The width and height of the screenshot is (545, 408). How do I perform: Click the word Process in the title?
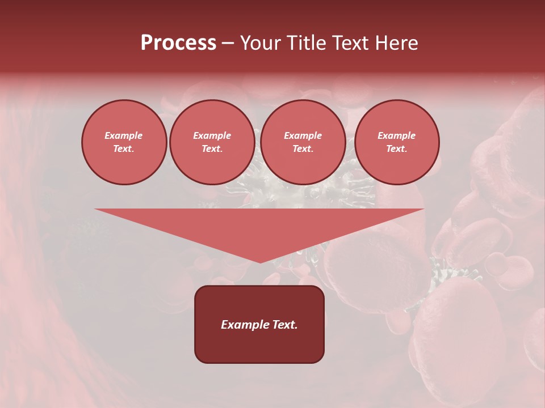(x=178, y=43)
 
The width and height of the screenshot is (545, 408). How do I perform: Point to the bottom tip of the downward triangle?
(x=260, y=262)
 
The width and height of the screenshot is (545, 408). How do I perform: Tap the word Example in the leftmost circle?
(x=124, y=135)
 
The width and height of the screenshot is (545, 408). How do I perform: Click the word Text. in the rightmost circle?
(x=396, y=148)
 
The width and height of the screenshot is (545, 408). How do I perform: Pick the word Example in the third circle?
(x=303, y=135)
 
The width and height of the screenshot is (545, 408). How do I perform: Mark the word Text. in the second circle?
(x=212, y=148)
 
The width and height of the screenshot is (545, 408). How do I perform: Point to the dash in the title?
(x=228, y=43)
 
